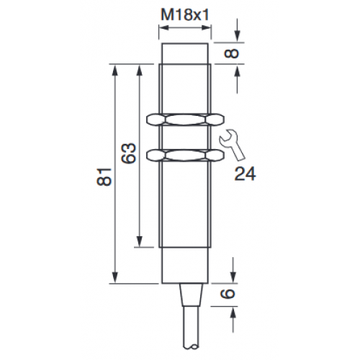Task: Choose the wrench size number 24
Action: pos(245,172)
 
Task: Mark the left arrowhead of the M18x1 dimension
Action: pos(162,30)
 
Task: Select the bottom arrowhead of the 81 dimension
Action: pos(114,280)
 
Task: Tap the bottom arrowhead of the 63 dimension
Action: pos(138,245)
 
